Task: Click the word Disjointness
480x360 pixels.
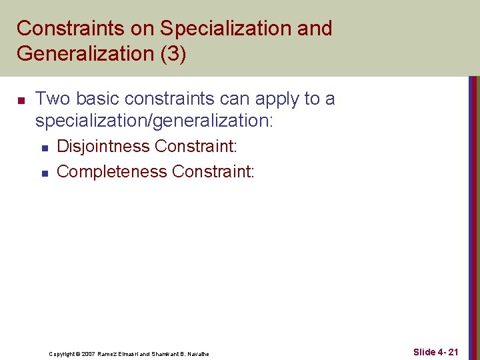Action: (103, 146)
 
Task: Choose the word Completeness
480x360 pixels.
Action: (112, 171)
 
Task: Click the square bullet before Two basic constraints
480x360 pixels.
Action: (21, 101)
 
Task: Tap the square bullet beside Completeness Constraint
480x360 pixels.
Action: (44, 173)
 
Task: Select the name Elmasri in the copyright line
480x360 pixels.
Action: (134, 354)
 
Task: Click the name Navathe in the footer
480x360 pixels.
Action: (198, 354)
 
